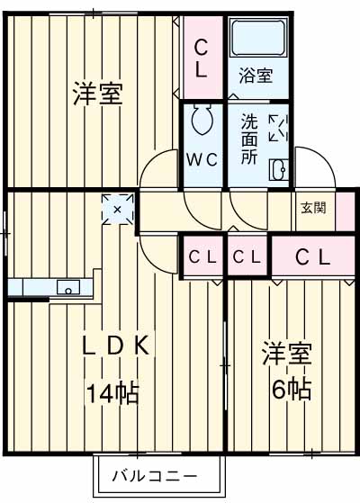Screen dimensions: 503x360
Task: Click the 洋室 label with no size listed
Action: (x=96, y=94)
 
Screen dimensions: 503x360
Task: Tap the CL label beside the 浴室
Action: (x=202, y=57)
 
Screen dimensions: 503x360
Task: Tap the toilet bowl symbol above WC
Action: (x=202, y=121)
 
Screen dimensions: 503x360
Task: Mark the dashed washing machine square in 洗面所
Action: (x=278, y=127)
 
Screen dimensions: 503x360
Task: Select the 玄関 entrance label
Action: (x=313, y=206)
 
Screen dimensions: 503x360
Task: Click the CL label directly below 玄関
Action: (x=313, y=257)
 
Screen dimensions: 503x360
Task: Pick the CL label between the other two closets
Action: (x=247, y=257)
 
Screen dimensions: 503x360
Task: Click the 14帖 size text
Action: (x=112, y=392)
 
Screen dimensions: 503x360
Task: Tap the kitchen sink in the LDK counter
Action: (x=67, y=288)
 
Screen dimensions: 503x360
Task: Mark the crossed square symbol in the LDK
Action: (x=117, y=209)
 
